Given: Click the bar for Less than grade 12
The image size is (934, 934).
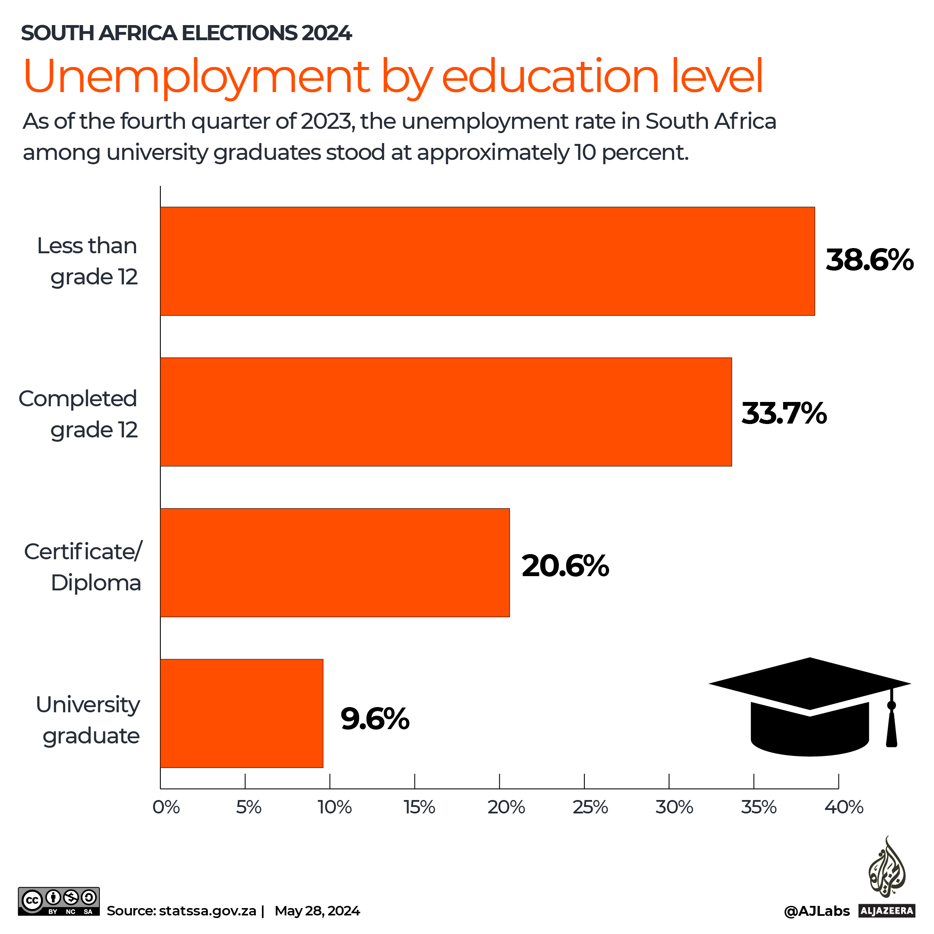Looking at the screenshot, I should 487,261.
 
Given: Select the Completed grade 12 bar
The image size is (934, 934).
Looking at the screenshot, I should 446,412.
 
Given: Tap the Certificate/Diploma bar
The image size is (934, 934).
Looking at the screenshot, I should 335,563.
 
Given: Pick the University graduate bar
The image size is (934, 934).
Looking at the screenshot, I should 242,714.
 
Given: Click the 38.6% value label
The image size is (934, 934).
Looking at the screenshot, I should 869,260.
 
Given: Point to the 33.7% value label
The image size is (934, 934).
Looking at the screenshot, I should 784,414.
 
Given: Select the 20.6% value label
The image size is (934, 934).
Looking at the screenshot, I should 565,566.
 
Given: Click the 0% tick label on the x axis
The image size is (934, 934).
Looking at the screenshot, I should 166,807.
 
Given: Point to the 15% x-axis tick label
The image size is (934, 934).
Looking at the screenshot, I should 420,807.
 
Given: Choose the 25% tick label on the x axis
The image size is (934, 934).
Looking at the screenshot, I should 590,807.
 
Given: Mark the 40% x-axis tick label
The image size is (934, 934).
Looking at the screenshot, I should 844,807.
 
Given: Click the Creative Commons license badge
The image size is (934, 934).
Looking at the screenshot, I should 58,901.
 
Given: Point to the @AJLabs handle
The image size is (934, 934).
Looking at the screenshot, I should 816,911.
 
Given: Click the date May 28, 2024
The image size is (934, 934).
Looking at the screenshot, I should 317,911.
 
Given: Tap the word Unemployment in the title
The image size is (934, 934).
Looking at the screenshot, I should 196,77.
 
